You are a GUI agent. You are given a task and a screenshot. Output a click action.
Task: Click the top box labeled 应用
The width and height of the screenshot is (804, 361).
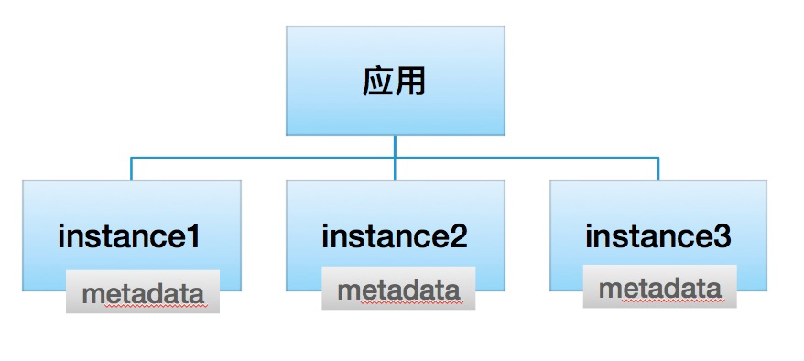396,81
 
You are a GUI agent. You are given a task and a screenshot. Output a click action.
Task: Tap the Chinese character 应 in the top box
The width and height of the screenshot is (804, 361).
378,81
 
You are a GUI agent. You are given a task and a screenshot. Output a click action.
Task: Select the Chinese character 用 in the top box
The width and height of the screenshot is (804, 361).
411,81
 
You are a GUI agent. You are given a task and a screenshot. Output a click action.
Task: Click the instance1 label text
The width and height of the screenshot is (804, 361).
129,237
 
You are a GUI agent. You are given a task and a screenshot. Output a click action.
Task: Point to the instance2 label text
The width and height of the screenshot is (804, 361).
395,237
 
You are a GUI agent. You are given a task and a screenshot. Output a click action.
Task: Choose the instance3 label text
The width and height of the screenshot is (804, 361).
658,237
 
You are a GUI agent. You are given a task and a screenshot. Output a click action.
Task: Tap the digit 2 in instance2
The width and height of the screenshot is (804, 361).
458,237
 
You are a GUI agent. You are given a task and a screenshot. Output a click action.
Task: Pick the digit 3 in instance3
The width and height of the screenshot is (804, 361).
722,237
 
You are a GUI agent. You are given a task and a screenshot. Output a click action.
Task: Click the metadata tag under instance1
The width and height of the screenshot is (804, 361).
143,291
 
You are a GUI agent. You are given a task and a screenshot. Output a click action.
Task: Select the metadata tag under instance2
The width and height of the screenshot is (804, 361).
398,289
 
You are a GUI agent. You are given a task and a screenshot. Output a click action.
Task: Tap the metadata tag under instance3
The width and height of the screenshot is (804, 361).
660,286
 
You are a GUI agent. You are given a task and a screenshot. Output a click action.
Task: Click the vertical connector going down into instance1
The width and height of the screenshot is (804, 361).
131,169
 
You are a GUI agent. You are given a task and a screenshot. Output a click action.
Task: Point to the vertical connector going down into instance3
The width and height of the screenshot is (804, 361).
658,169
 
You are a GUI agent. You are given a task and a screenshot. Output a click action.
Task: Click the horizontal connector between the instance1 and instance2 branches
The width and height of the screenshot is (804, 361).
263,158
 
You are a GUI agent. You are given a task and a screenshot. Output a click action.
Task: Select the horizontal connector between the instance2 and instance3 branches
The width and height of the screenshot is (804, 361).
527,158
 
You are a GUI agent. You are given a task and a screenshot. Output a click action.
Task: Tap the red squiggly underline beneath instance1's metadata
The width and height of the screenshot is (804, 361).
156,306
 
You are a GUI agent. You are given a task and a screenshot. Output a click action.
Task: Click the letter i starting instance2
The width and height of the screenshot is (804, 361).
326,236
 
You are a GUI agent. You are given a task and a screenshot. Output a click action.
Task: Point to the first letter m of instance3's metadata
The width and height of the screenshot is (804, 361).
610,290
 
